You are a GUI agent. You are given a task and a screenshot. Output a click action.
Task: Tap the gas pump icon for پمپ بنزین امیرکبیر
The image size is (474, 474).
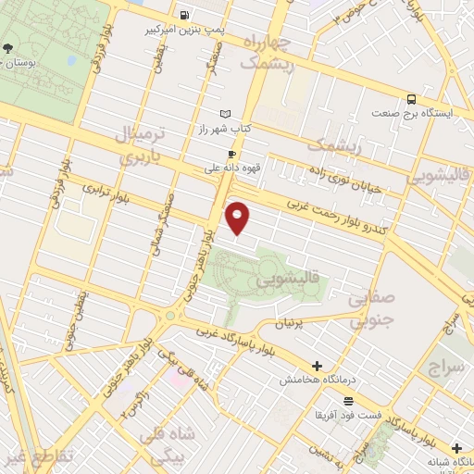pyautogui.click(x=184, y=15)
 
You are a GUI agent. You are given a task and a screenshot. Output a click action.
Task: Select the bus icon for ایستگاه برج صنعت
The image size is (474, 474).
pyautogui.click(x=411, y=99)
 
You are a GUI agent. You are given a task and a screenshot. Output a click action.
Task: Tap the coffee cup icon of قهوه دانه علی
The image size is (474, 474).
pyautogui.click(x=231, y=155)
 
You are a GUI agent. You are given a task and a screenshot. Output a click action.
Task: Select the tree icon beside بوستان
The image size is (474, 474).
pyautogui.click(x=8, y=48)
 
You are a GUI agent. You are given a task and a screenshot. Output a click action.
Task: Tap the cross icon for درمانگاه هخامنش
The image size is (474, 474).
pyautogui.click(x=318, y=367)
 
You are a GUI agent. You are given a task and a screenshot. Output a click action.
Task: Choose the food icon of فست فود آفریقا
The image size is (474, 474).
pyautogui.click(x=348, y=401)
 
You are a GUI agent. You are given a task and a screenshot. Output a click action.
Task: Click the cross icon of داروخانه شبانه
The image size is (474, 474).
pyautogui.click(x=456, y=447)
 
